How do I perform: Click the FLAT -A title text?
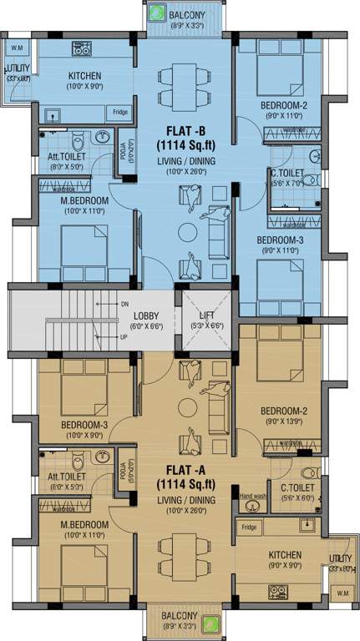185,472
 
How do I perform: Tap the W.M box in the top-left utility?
17,48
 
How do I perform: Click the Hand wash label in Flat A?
252,497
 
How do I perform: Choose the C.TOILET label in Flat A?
297,487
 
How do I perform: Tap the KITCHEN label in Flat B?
84,76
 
